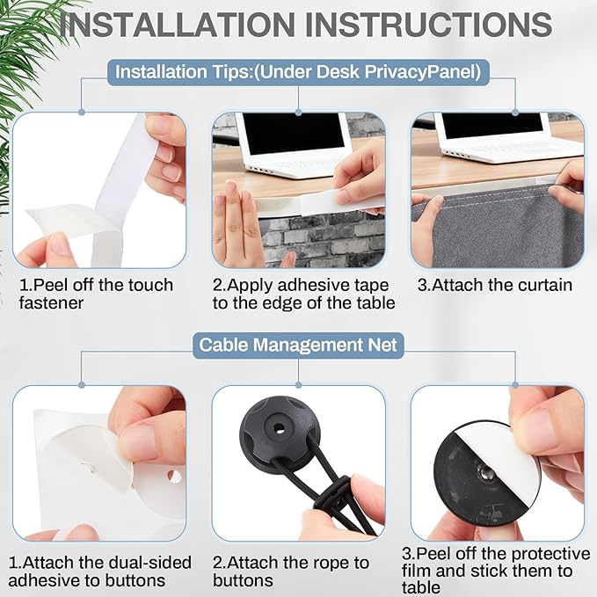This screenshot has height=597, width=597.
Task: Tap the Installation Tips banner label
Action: tap(298, 72)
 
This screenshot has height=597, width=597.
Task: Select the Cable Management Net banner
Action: tap(298, 345)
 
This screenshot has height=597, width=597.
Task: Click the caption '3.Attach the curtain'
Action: tap(495, 285)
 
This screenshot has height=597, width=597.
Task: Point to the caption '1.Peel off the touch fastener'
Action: tap(96, 294)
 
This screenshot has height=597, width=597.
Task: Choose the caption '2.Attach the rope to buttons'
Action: tap(291, 572)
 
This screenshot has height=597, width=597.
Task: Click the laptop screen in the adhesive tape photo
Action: tap(294, 134)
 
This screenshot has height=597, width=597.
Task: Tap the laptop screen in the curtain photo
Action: tap(492, 125)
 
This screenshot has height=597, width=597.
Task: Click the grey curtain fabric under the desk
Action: tap(503, 229)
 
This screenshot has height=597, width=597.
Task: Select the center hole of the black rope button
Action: tap(280, 428)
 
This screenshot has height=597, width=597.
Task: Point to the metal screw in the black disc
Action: tap(485, 473)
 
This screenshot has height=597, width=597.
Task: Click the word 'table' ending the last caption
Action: tap(421, 587)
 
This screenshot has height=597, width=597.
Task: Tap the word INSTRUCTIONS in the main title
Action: tap(429, 25)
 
